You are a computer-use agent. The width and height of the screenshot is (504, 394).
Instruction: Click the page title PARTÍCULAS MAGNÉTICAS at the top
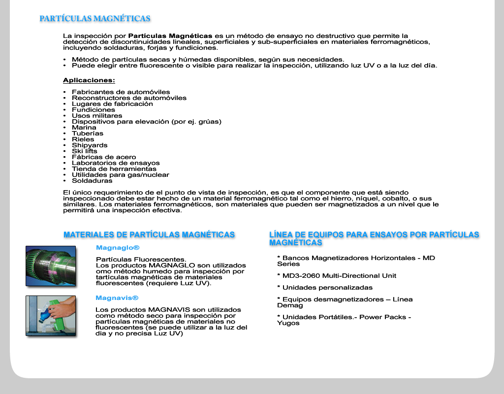(x=95, y=19)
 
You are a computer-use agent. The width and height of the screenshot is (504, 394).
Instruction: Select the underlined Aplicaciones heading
(x=89, y=80)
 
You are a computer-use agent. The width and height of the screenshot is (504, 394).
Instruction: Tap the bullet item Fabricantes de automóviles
(x=121, y=92)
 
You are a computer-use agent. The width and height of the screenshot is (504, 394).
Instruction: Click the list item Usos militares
(x=97, y=116)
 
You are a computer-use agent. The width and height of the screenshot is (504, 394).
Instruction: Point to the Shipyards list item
(x=90, y=145)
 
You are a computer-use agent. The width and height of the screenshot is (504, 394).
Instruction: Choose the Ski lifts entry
(x=85, y=151)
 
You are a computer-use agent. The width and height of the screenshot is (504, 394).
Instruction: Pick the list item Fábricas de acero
(x=104, y=157)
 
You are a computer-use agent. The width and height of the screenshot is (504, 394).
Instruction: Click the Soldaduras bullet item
(x=92, y=181)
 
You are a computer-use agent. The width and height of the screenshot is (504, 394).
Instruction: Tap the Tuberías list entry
(x=88, y=133)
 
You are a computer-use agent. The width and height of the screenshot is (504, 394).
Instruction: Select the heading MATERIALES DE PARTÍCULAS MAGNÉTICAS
(x=149, y=235)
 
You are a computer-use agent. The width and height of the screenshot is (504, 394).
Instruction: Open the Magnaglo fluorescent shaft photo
(x=51, y=265)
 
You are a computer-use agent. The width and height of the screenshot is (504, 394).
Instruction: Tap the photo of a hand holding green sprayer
(x=51, y=316)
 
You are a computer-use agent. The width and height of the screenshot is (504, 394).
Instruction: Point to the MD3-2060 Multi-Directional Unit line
(x=337, y=276)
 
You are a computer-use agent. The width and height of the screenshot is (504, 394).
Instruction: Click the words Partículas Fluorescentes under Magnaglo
(x=141, y=260)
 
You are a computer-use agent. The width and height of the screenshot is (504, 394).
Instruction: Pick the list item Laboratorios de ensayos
(x=116, y=163)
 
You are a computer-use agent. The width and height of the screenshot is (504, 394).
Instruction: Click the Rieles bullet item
(x=83, y=139)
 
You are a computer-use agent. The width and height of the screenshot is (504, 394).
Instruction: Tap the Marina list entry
(x=84, y=128)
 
